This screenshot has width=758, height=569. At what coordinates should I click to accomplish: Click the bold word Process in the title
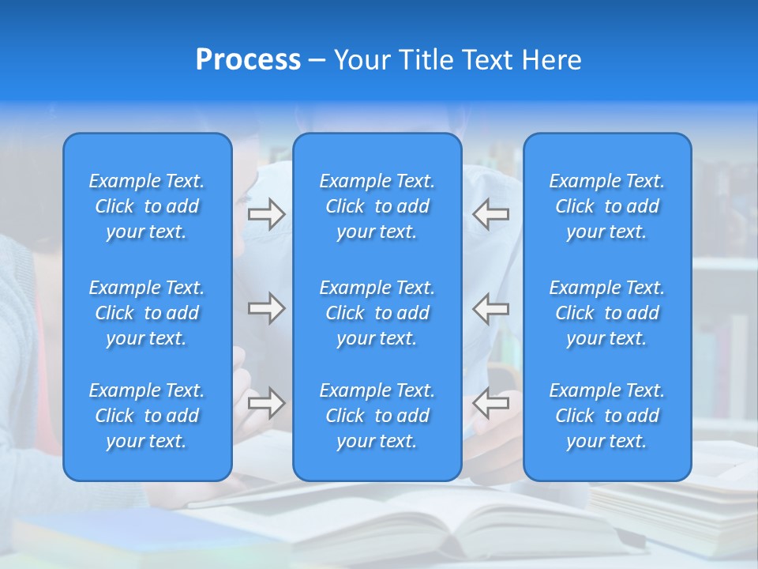[248, 60]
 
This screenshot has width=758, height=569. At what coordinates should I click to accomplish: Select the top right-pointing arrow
[266, 214]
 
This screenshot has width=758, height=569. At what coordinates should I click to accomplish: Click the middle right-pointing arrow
[266, 308]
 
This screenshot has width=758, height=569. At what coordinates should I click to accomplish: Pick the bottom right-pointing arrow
[266, 403]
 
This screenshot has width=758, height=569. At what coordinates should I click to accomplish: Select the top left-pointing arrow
[490, 214]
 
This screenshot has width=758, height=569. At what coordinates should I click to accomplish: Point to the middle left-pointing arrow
[490, 308]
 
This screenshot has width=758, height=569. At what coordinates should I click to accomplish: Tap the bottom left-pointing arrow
[490, 403]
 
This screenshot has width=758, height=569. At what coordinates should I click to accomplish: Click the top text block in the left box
[147, 206]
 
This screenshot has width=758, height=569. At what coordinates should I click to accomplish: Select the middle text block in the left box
[147, 313]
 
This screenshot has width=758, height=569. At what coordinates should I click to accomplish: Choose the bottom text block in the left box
[147, 416]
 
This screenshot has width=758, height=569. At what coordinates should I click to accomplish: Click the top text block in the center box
[377, 206]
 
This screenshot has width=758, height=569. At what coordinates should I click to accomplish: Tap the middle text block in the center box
[377, 313]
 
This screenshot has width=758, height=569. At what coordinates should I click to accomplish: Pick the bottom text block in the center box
[377, 416]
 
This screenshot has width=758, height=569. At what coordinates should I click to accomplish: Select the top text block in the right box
[607, 206]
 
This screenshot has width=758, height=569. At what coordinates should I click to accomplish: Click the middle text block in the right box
[607, 313]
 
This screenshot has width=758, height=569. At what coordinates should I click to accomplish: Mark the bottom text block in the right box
[607, 416]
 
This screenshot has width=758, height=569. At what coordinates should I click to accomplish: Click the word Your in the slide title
[362, 60]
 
